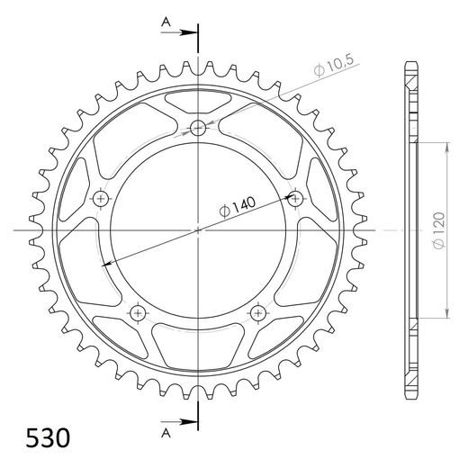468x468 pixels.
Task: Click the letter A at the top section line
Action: [x=165, y=21]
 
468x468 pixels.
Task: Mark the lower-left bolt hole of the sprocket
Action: [x=138, y=311]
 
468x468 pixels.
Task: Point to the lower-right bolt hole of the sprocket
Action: [x=257, y=311]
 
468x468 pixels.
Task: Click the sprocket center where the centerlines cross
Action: [x=198, y=230]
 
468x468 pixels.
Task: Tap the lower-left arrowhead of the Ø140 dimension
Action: [x=106, y=262]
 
